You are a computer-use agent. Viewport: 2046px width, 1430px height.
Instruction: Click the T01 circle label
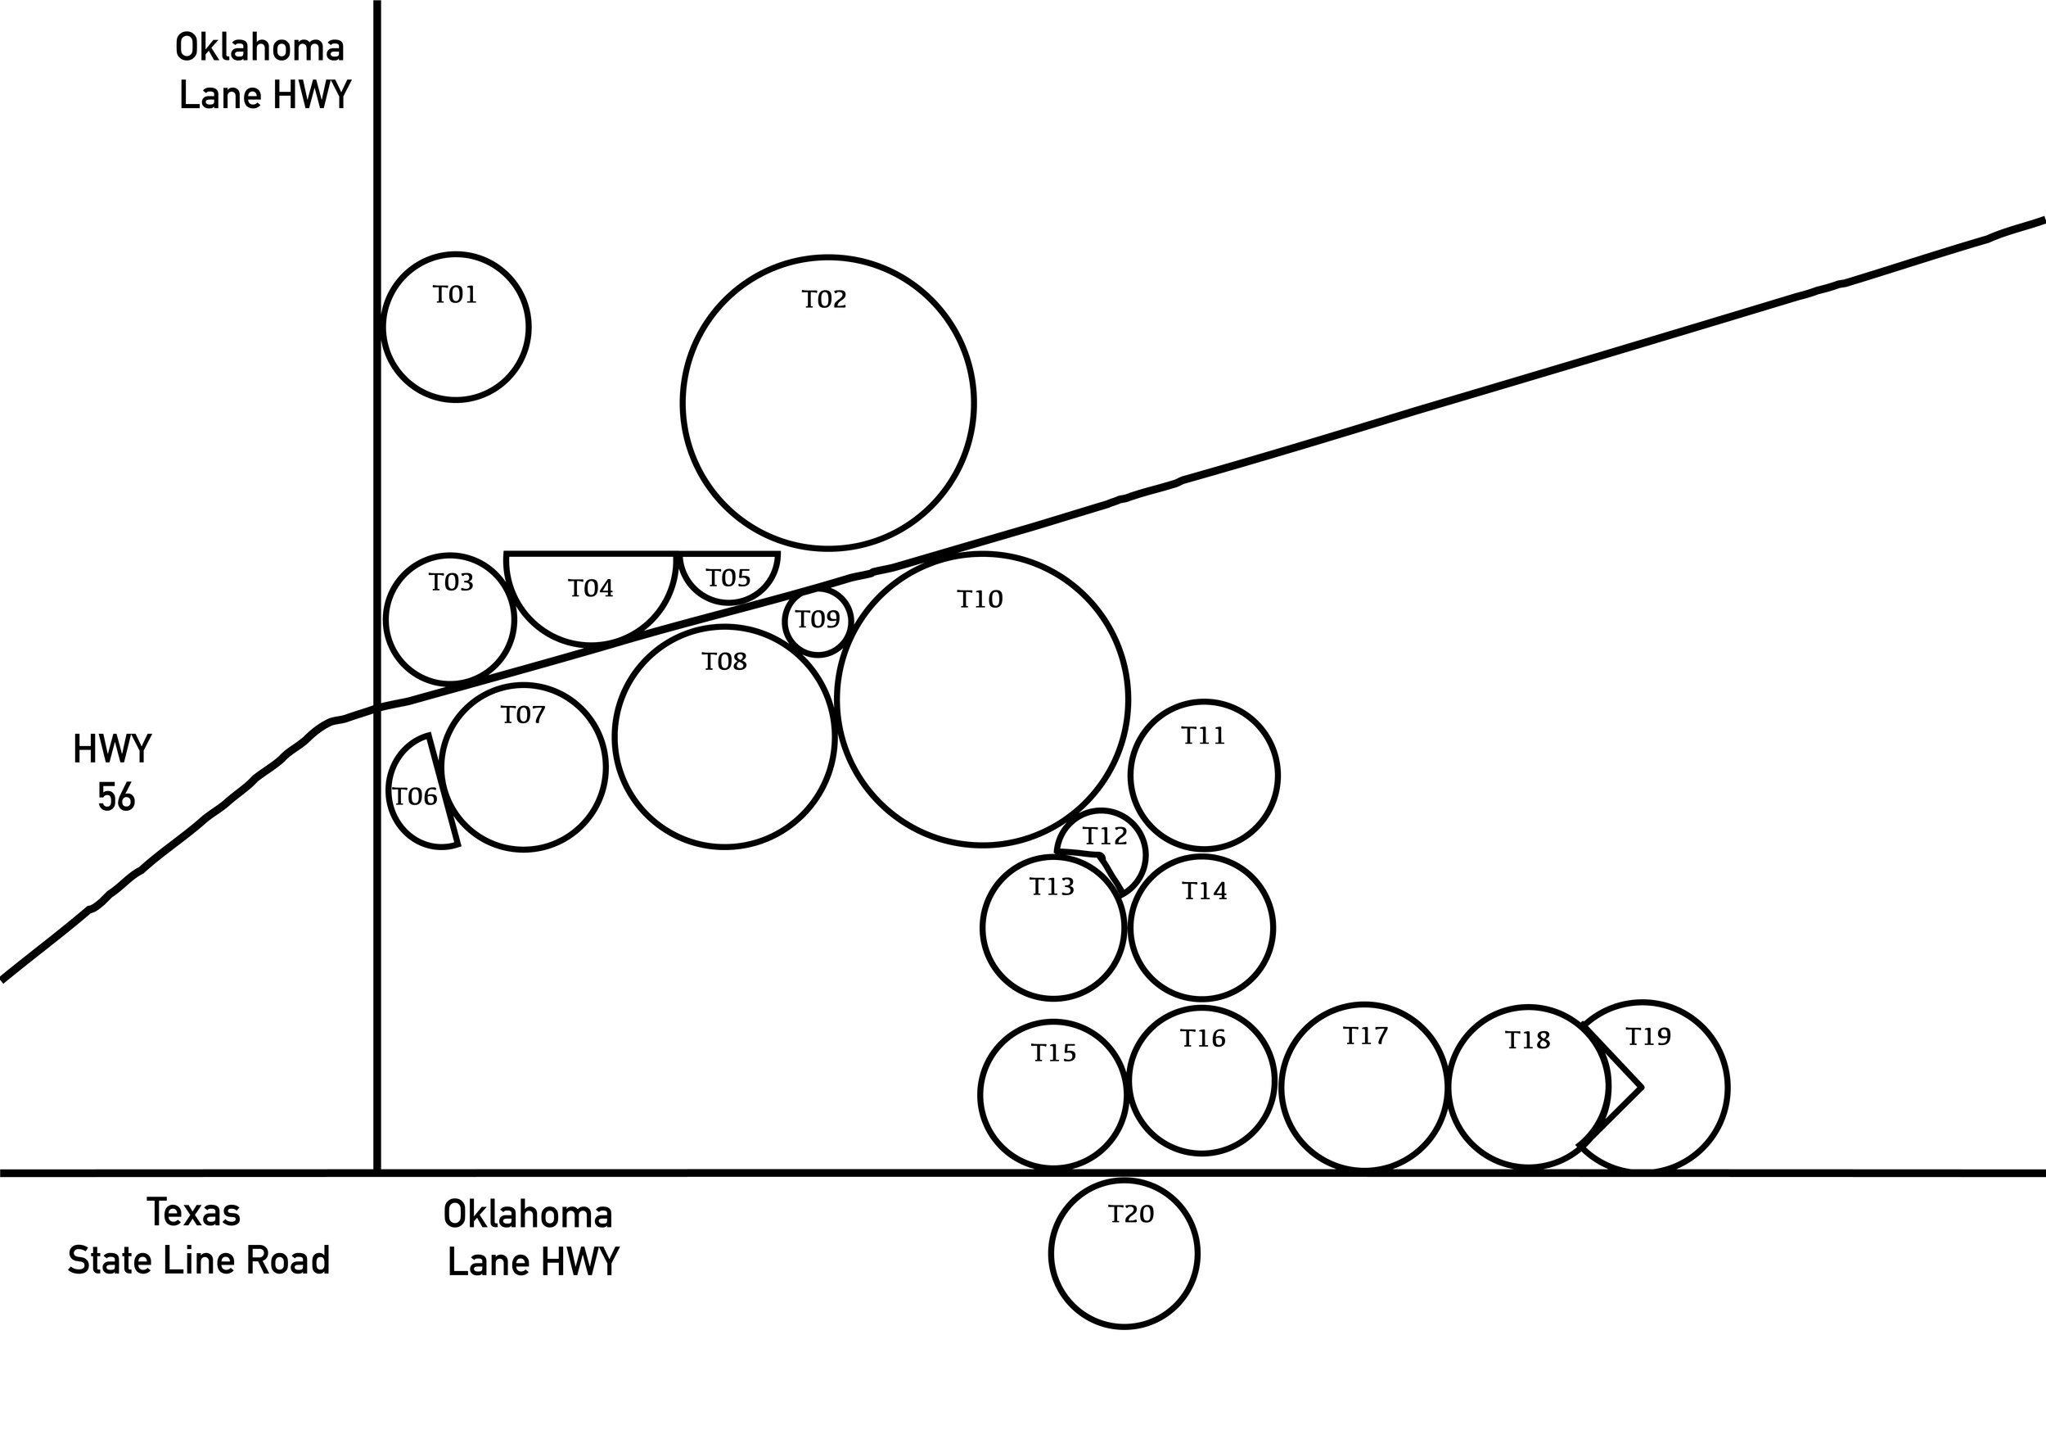tap(455, 295)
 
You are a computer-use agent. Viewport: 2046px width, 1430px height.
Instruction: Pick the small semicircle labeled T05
tap(729, 602)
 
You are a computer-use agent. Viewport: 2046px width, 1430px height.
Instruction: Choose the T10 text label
tap(980, 600)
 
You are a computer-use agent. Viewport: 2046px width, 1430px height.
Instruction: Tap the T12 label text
tap(1105, 836)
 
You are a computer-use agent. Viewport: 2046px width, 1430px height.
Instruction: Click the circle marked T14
tap(1202, 857)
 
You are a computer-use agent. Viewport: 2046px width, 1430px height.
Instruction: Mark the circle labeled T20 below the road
tap(1124, 1180)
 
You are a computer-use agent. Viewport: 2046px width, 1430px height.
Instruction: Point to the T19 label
tap(1648, 1037)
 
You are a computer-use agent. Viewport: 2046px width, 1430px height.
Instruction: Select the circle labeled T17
tap(1363, 1005)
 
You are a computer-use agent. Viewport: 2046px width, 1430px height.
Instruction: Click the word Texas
tap(193, 1213)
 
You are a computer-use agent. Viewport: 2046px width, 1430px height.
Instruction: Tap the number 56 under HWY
tap(116, 798)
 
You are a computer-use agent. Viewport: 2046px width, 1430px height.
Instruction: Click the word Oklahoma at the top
tap(259, 48)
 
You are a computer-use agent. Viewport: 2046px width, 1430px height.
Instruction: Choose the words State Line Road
tap(199, 1260)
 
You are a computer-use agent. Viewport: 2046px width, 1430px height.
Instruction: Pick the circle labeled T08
tap(724, 627)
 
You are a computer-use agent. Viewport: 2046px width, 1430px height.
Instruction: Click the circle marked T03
tap(450, 554)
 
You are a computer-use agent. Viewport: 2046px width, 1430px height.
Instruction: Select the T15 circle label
tap(1054, 1054)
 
